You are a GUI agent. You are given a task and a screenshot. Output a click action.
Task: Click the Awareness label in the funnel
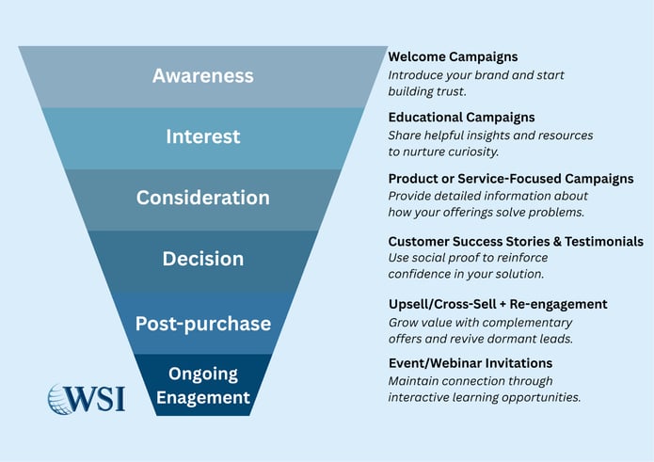pyautogui.click(x=202, y=75)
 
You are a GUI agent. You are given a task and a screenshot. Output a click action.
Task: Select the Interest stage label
pyautogui.click(x=202, y=136)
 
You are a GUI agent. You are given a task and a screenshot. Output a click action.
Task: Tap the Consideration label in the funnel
pyautogui.click(x=202, y=198)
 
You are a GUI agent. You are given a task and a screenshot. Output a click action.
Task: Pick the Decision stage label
pyautogui.click(x=202, y=259)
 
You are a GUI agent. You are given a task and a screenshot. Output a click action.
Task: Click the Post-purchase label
pyautogui.click(x=202, y=324)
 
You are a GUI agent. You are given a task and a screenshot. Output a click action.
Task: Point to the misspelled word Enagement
pyautogui.click(x=202, y=397)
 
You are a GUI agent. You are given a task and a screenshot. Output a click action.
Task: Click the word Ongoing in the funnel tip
pyautogui.click(x=202, y=374)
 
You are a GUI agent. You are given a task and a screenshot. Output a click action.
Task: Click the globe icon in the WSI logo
pyautogui.click(x=64, y=398)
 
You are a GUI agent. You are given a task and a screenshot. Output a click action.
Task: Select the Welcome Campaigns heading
pyautogui.click(x=453, y=57)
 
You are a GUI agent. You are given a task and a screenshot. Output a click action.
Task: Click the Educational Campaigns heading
pyautogui.click(x=461, y=118)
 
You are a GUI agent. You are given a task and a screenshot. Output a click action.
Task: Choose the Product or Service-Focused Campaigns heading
pyautogui.click(x=510, y=179)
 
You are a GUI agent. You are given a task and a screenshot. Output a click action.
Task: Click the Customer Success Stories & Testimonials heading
pyautogui.click(x=516, y=242)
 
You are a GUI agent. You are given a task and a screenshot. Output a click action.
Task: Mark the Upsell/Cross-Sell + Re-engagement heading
pyautogui.click(x=497, y=304)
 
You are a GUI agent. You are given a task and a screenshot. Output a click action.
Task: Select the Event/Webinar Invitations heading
pyautogui.click(x=470, y=363)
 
